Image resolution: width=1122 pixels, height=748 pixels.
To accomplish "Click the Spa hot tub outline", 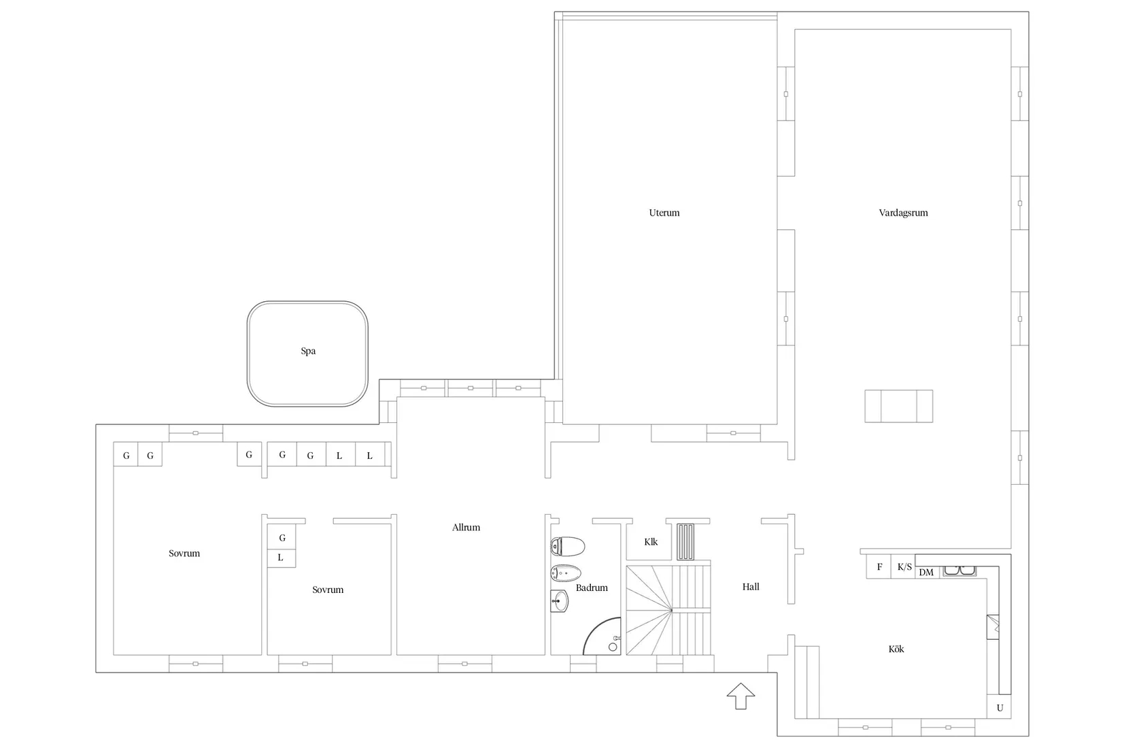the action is pos(248,354).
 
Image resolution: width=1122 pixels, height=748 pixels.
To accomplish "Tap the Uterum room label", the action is pos(664,213).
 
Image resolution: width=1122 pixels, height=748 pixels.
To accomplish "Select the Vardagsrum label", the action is pos(903,213).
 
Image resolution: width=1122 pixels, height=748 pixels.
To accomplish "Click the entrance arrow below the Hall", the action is pos(741,696).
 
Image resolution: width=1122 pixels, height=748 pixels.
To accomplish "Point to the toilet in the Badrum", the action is pos(568,547).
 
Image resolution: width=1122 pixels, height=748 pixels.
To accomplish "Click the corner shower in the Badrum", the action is pos(602,636).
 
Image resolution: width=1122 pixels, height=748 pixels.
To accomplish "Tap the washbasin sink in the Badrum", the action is pos(560,601).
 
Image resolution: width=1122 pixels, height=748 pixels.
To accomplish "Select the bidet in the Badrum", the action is pos(566,573).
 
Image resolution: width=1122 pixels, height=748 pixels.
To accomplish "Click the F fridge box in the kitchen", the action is pos(879,566).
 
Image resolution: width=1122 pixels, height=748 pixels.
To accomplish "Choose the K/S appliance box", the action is pos(904,566).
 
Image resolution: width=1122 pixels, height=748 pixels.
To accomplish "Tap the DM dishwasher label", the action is pos(926,573).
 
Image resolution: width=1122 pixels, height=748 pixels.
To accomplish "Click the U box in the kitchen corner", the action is pos(999,707).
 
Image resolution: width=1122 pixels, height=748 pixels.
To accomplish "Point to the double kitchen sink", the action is pos(959,571).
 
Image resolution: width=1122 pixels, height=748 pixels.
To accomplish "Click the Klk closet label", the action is pos(651,541).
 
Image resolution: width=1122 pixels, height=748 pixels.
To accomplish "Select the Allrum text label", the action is pos(466,527).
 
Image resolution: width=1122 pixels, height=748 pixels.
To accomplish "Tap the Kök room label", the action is pos(896,649).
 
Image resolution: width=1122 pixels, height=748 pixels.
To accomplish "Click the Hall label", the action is pos(750,587).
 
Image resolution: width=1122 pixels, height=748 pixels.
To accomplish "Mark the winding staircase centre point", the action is pos(671,610).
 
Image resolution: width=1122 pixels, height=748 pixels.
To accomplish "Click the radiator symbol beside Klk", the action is pos(685,541).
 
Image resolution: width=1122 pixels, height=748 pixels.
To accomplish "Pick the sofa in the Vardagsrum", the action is pos(898,406).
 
